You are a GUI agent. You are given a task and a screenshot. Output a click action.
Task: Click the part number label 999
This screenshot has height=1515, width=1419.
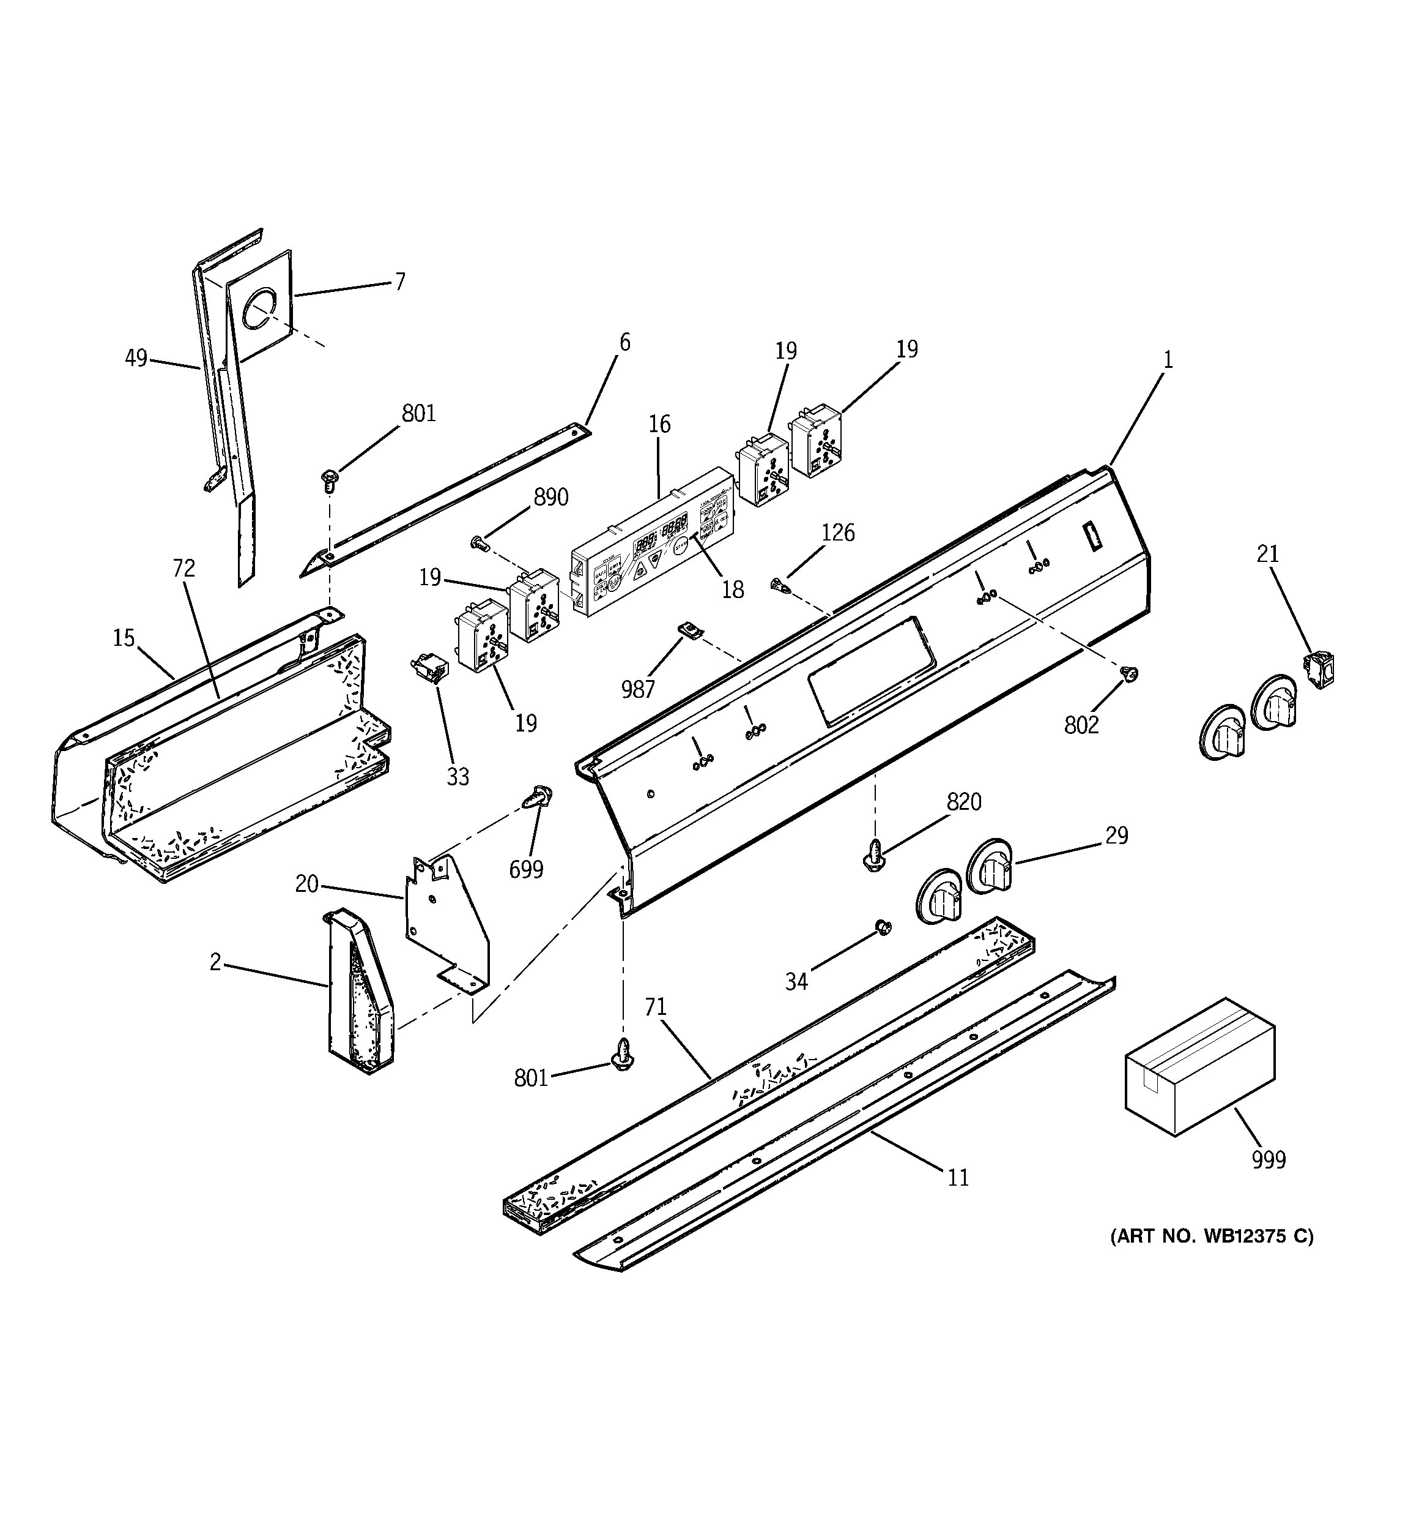pos(1268,1159)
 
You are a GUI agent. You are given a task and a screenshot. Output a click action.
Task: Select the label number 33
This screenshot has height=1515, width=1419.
pos(457,777)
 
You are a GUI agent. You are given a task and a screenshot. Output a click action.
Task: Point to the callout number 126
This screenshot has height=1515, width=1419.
pos(838,532)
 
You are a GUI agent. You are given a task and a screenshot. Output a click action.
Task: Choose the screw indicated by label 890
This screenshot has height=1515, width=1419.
pos(478,542)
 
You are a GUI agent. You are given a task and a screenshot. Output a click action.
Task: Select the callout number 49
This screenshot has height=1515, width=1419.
pos(136,357)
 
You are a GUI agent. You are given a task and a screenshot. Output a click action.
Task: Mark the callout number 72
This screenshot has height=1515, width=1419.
pos(183,568)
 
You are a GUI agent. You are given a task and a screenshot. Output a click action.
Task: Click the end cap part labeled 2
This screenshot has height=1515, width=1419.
pos(358,990)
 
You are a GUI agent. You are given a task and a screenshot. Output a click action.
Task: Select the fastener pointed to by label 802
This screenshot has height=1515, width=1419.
pos(1130,673)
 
